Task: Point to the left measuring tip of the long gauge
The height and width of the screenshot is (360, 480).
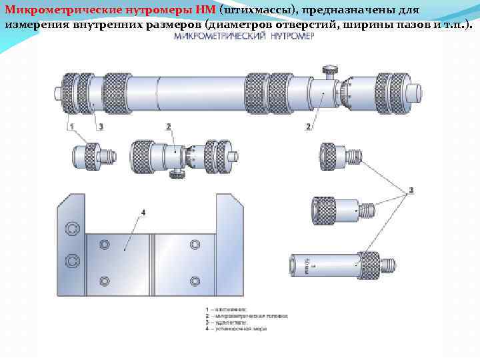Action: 56,93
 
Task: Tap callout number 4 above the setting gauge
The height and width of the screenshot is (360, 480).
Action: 143,213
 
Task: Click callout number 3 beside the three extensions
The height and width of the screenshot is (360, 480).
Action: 411,190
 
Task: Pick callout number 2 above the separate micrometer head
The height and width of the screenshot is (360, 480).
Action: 168,126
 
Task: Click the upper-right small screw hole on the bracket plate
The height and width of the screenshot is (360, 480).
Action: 194,245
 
